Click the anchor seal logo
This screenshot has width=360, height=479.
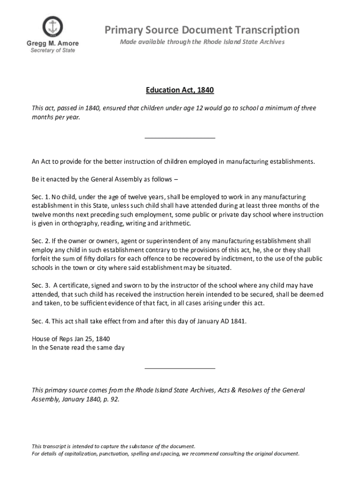point(52,27)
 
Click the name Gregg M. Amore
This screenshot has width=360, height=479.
point(52,44)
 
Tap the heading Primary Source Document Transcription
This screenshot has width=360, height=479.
point(202,30)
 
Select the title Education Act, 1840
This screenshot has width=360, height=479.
point(180,90)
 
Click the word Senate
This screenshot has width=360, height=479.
point(59,348)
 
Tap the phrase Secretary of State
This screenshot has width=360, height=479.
point(52,51)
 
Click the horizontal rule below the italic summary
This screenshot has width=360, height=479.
point(180,138)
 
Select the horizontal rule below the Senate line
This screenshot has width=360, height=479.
point(180,369)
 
